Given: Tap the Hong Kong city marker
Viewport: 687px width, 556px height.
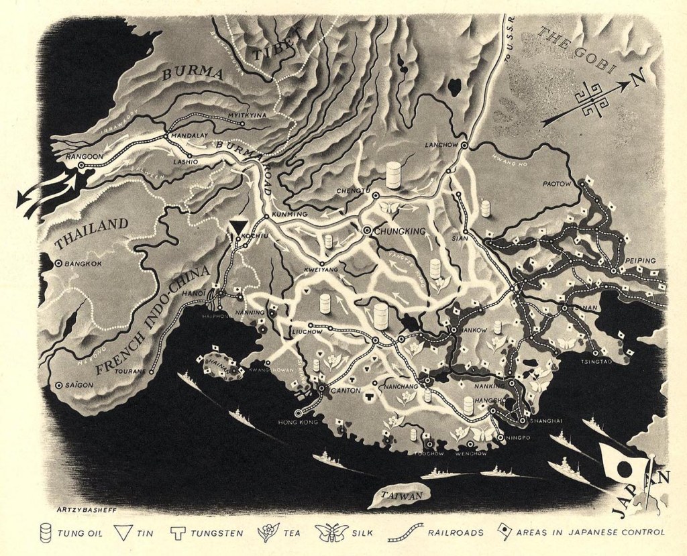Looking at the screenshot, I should pyautogui.click(x=298, y=413).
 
